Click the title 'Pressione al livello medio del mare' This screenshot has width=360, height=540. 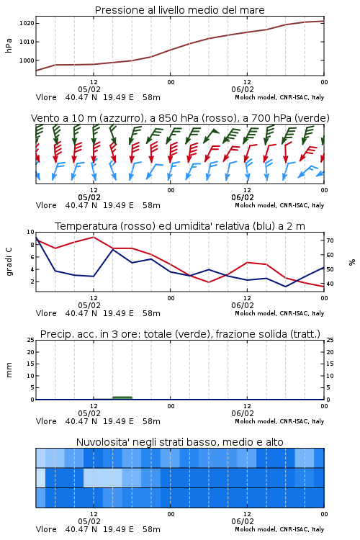click(x=179, y=10)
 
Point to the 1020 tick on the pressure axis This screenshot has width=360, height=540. click(x=27, y=24)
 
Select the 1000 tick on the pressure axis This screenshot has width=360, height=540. click(x=27, y=60)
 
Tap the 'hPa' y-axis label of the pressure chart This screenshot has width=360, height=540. click(x=9, y=45)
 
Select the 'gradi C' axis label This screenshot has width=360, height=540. click(x=9, y=262)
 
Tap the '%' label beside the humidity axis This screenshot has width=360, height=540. click(x=352, y=262)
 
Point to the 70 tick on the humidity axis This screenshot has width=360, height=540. click(x=330, y=240)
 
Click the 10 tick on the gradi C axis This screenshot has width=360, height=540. click(x=31, y=232)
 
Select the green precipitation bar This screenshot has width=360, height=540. click(x=122, y=397)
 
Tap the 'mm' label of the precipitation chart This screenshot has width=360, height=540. click(x=9, y=370)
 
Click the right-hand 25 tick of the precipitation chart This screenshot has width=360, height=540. click(x=330, y=340)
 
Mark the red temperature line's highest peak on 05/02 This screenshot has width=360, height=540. click(x=94, y=237)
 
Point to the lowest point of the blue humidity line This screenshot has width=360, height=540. click(x=286, y=287)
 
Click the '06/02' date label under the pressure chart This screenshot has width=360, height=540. click(x=243, y=89)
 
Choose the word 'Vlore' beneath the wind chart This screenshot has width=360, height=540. click(x=46, y=205)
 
